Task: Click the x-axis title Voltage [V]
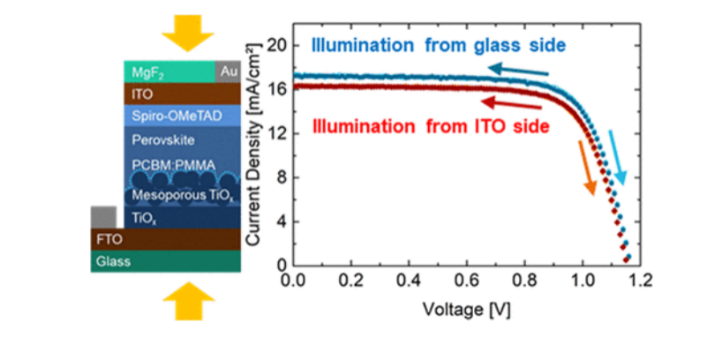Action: point(466,311)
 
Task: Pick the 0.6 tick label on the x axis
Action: point(466,281)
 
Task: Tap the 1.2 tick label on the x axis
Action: point(640,281)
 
